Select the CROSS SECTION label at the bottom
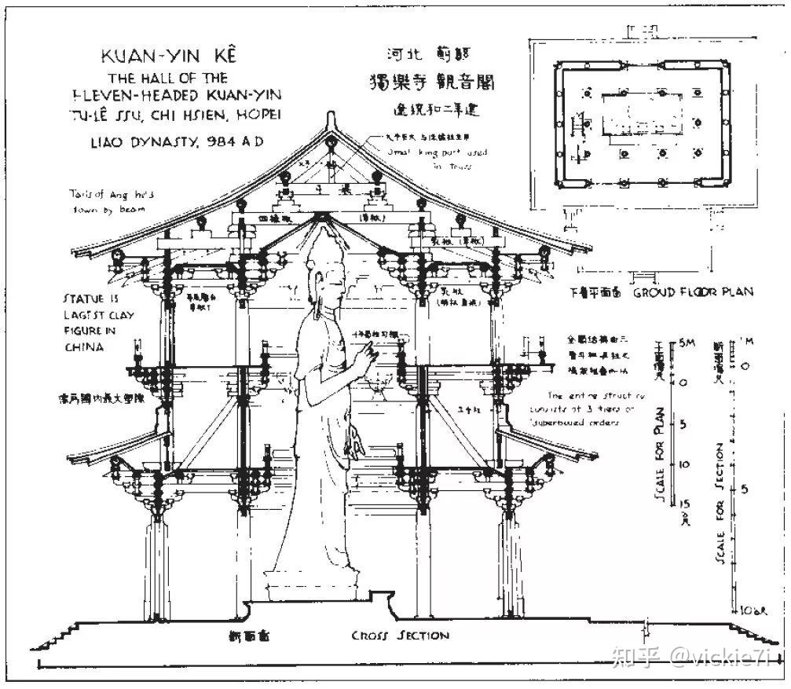(x=400, y=636)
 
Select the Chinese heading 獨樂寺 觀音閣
(x=432, y=82)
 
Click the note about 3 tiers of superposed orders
(x=596, y=409)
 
